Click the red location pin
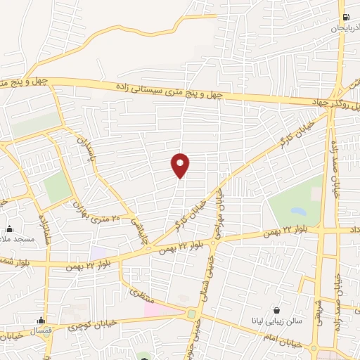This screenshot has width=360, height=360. [x=181, y=165]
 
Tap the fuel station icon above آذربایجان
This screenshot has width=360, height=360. [x=345, y=18]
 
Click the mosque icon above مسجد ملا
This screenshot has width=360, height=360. [x=10, y=229]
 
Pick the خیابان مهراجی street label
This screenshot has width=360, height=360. [x=219, y=210]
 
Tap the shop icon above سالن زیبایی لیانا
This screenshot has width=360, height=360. [x=278, y=311]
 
